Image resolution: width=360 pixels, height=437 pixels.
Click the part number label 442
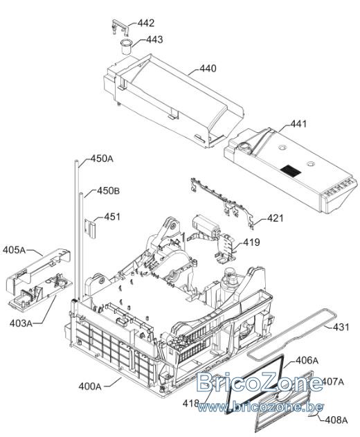145,23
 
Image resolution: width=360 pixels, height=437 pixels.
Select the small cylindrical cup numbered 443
126,47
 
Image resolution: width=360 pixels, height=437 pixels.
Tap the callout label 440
208,69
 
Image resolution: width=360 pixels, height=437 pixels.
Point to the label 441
298,124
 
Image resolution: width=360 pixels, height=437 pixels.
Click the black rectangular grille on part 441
291,171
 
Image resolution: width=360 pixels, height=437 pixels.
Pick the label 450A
102,159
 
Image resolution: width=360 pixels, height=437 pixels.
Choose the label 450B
109,191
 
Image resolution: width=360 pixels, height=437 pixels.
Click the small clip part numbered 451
90,229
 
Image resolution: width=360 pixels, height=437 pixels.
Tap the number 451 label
112,217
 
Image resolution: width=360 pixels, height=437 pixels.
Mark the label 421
275,218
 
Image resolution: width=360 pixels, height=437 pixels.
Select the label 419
251,242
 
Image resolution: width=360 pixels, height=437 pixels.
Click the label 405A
14,250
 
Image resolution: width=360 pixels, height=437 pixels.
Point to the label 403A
21,323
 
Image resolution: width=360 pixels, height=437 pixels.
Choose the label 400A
90,386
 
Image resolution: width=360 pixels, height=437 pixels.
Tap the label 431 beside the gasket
341,327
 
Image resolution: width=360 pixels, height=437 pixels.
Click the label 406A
307,360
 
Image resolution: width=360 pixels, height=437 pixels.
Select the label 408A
336,420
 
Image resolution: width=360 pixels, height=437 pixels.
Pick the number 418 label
191,403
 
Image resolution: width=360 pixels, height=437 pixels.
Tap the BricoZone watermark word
260,382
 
